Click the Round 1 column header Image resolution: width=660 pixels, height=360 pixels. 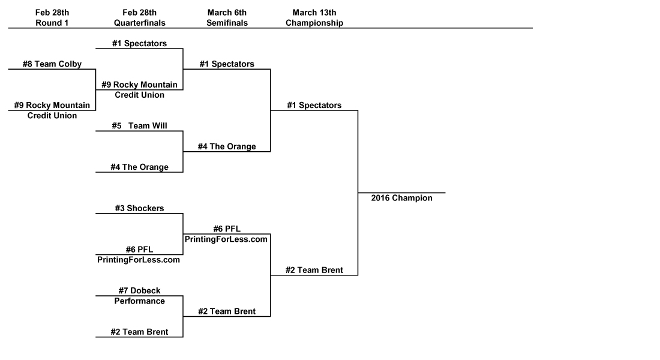click(52, 18)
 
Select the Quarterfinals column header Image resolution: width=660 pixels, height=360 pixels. click(139, 18)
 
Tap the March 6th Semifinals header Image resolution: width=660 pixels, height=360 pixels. click(227, 18)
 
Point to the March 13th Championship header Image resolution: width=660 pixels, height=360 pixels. click(314, 18)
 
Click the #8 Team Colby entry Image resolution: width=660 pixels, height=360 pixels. click(52, 64)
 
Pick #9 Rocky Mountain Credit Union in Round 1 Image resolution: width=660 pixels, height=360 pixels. click(52, 110)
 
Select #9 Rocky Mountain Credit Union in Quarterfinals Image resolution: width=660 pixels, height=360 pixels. click(139, 90)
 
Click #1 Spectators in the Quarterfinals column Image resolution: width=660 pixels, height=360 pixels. click(139, 43)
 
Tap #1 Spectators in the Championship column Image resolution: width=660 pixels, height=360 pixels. click(314, 106)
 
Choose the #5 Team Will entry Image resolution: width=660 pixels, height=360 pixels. click(139, 126)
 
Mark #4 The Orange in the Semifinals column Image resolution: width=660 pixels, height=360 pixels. click(227, 146)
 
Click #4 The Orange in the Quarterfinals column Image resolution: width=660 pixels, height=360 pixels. click(139, 167)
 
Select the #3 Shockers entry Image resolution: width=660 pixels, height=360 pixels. click(139, 208)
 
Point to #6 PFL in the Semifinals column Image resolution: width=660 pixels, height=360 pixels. click(227, 234)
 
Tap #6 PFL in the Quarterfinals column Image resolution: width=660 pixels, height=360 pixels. click(139, 254)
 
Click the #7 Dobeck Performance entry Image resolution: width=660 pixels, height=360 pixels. click(139, 296)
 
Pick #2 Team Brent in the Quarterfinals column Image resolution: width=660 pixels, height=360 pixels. click(139, 332)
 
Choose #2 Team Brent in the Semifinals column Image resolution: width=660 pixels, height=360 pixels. click(227, 311)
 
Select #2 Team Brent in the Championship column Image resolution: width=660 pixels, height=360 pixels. click(314, 270)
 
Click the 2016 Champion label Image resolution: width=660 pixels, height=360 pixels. click(401, 198)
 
